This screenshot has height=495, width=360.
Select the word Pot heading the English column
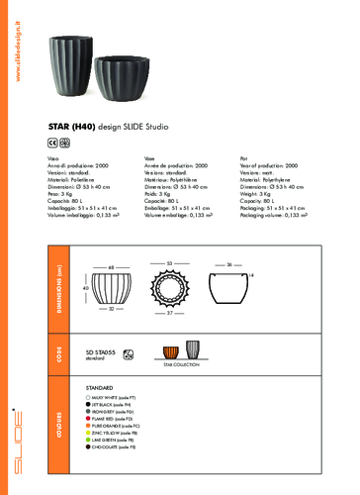[x=244, y=158]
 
